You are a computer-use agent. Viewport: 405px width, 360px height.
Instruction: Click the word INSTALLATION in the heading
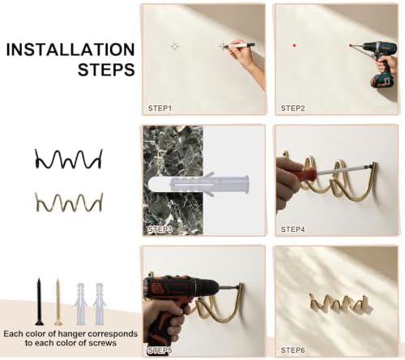(70, 49)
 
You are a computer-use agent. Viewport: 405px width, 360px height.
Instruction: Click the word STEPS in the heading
(106, 69)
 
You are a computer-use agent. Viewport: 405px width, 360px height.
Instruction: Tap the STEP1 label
(160, 109)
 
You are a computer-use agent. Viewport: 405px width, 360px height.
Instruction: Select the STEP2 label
(292, 109)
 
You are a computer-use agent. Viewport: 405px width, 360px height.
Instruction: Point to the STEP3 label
(160, 229)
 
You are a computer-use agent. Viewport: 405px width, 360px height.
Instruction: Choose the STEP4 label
(292, 229)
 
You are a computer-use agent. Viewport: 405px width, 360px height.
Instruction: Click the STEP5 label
(160, 350)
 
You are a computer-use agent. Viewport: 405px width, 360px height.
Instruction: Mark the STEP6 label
(292, 350)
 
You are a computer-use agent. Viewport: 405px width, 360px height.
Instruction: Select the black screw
(39, 302)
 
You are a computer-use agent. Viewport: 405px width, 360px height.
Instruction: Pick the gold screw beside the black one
(58, 302)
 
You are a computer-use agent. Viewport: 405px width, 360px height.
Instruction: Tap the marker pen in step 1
(241, 45)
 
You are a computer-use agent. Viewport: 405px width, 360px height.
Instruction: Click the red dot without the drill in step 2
(294, 45)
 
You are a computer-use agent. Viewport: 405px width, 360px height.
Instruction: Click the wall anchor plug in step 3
(198, 184)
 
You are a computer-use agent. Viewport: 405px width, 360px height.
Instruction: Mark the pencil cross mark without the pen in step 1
(175, 46)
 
